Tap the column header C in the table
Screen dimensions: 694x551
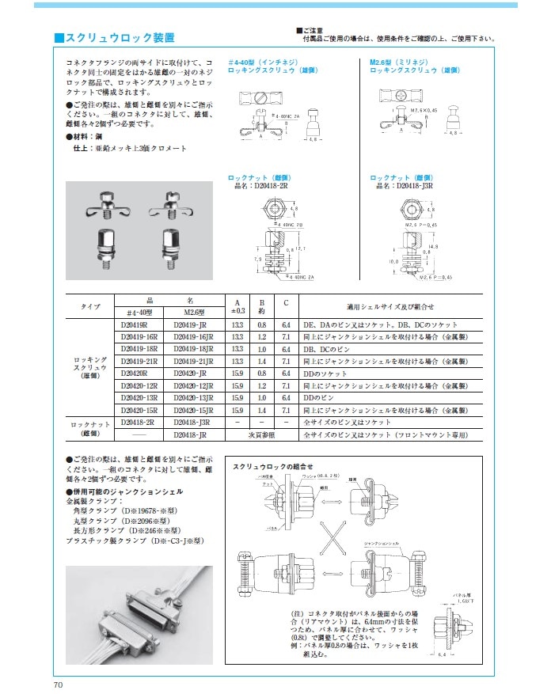tap(287, 302)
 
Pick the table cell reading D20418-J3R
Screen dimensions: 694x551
tap(189, 423)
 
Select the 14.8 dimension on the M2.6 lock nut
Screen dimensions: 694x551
tap(435, 247)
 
